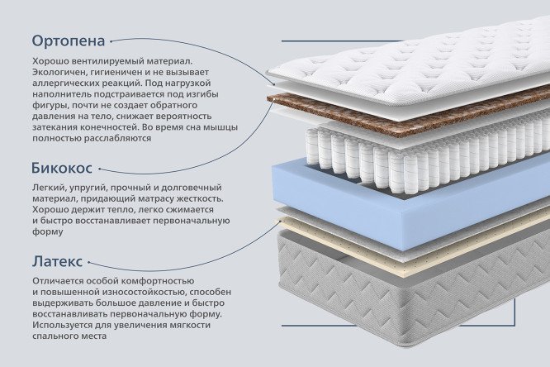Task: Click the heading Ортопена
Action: tap(69, 41)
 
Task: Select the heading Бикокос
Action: tap(62, 168)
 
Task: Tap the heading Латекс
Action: tap(58, 262)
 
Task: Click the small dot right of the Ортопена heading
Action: tap(111, 41)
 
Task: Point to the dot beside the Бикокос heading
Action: tap(100, 169)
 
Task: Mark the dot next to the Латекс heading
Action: tap(88, 262)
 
